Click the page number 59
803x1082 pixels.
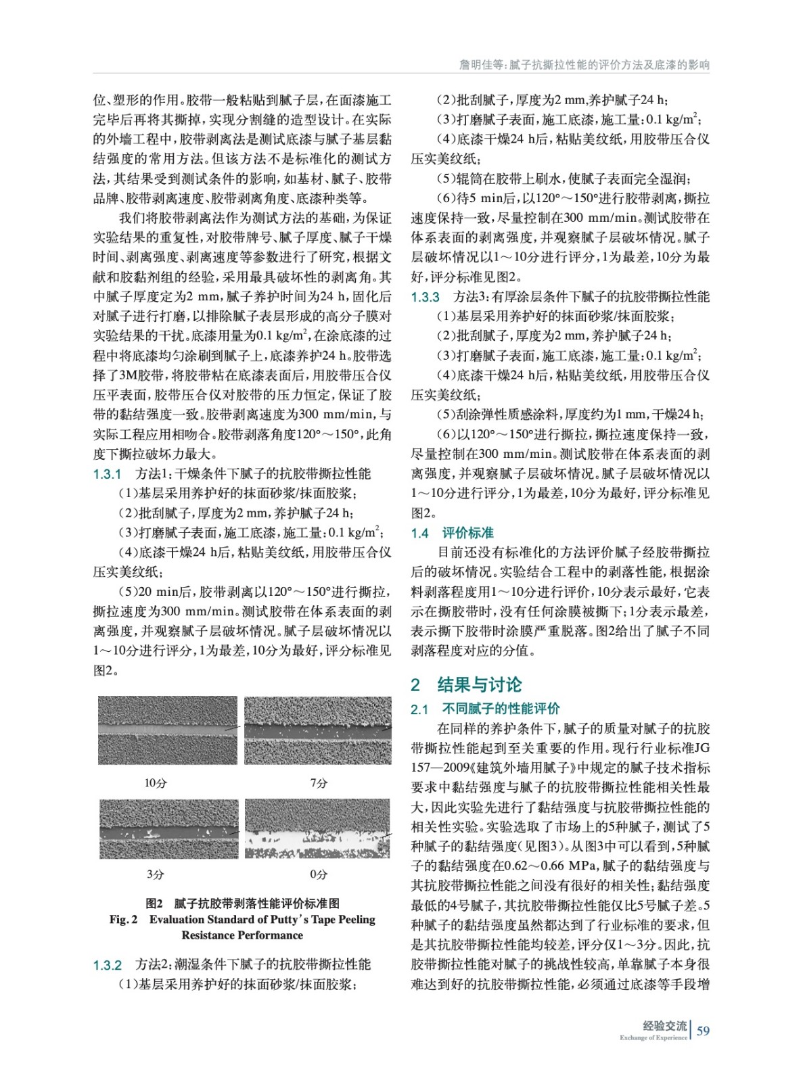tap(703, 1031)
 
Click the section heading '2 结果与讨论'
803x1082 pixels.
tap(466, 684)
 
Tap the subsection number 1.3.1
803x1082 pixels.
tap(107, 474)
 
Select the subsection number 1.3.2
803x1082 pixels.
tap(107, 965)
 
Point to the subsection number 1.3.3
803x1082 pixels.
tap(425, 297)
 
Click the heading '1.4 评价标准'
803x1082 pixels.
tap(452, 533)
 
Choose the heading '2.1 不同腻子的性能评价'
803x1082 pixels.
tap(485, 709)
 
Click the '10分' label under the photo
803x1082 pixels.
tap(156, 783)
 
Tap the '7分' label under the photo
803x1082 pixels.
tap(319, 783)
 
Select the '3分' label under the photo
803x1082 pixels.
tap(156, 874)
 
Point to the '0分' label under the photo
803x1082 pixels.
tap(319, 874)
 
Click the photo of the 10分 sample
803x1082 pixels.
tap(168, 730)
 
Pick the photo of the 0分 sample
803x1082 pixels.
tap(317, 829)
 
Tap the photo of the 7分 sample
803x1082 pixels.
tap(317, 730)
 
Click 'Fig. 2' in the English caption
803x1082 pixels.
tap(123, 920)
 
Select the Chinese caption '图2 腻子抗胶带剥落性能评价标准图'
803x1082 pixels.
tap(242, 903)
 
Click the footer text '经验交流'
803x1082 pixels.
tap(664, 1026)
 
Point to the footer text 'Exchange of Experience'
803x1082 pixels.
tap(653, 1037)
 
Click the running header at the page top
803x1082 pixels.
tap(584, 65)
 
